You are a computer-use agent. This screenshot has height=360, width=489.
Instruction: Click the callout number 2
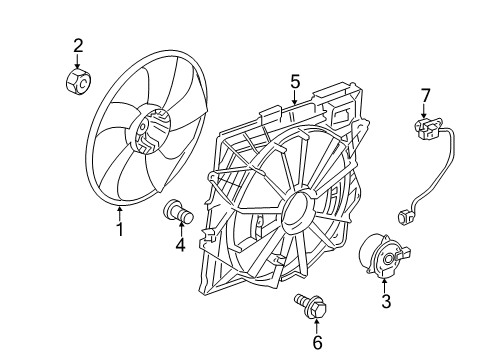(78, 43)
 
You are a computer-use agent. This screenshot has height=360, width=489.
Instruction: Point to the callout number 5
(295, 79)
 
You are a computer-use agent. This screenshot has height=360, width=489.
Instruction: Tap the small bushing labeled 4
(178, 210)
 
